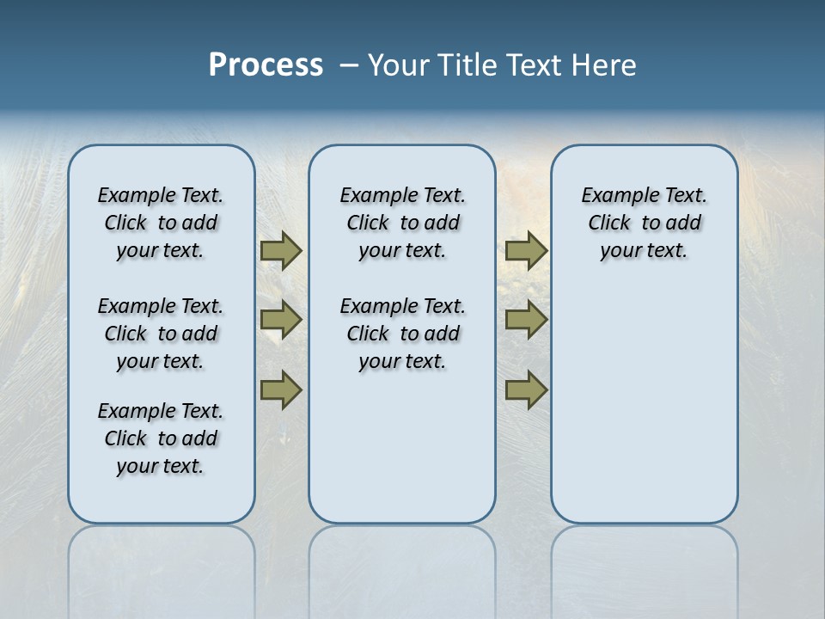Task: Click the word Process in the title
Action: coord(266,64)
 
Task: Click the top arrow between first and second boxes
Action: coord(280,250)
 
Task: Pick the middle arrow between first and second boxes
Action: coord(280,320)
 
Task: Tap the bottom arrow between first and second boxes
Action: coord(280,389)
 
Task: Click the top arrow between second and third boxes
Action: coord(526,250)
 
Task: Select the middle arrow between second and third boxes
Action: coord(526,320)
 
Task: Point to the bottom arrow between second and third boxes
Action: coord(526,389)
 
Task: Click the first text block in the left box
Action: coord(161,223)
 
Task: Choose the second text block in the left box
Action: coord(161,334)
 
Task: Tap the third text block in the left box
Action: coord(161,438)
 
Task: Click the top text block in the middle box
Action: coord(402,223)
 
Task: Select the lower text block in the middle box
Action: coord(402,334)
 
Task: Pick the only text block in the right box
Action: coord(644,223)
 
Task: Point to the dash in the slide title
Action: coord(349,64)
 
